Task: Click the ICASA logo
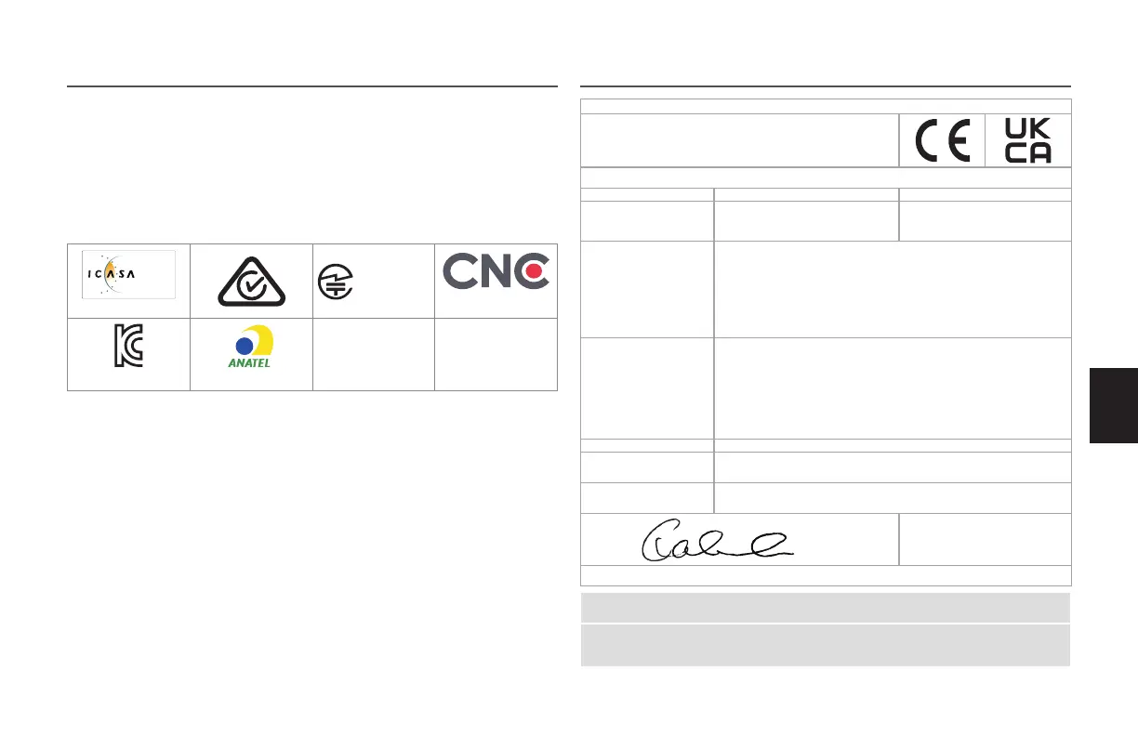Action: tap(128, 273)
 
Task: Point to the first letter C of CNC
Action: tap(460, 271)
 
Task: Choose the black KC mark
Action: tap(127, 348)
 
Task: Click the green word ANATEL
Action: tap(249, 363)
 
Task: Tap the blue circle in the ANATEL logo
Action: tap(245, 345)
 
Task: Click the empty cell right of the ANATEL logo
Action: tap(374, 353)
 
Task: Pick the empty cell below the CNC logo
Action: tap(496, 353)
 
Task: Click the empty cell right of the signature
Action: tap(985, 539)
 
